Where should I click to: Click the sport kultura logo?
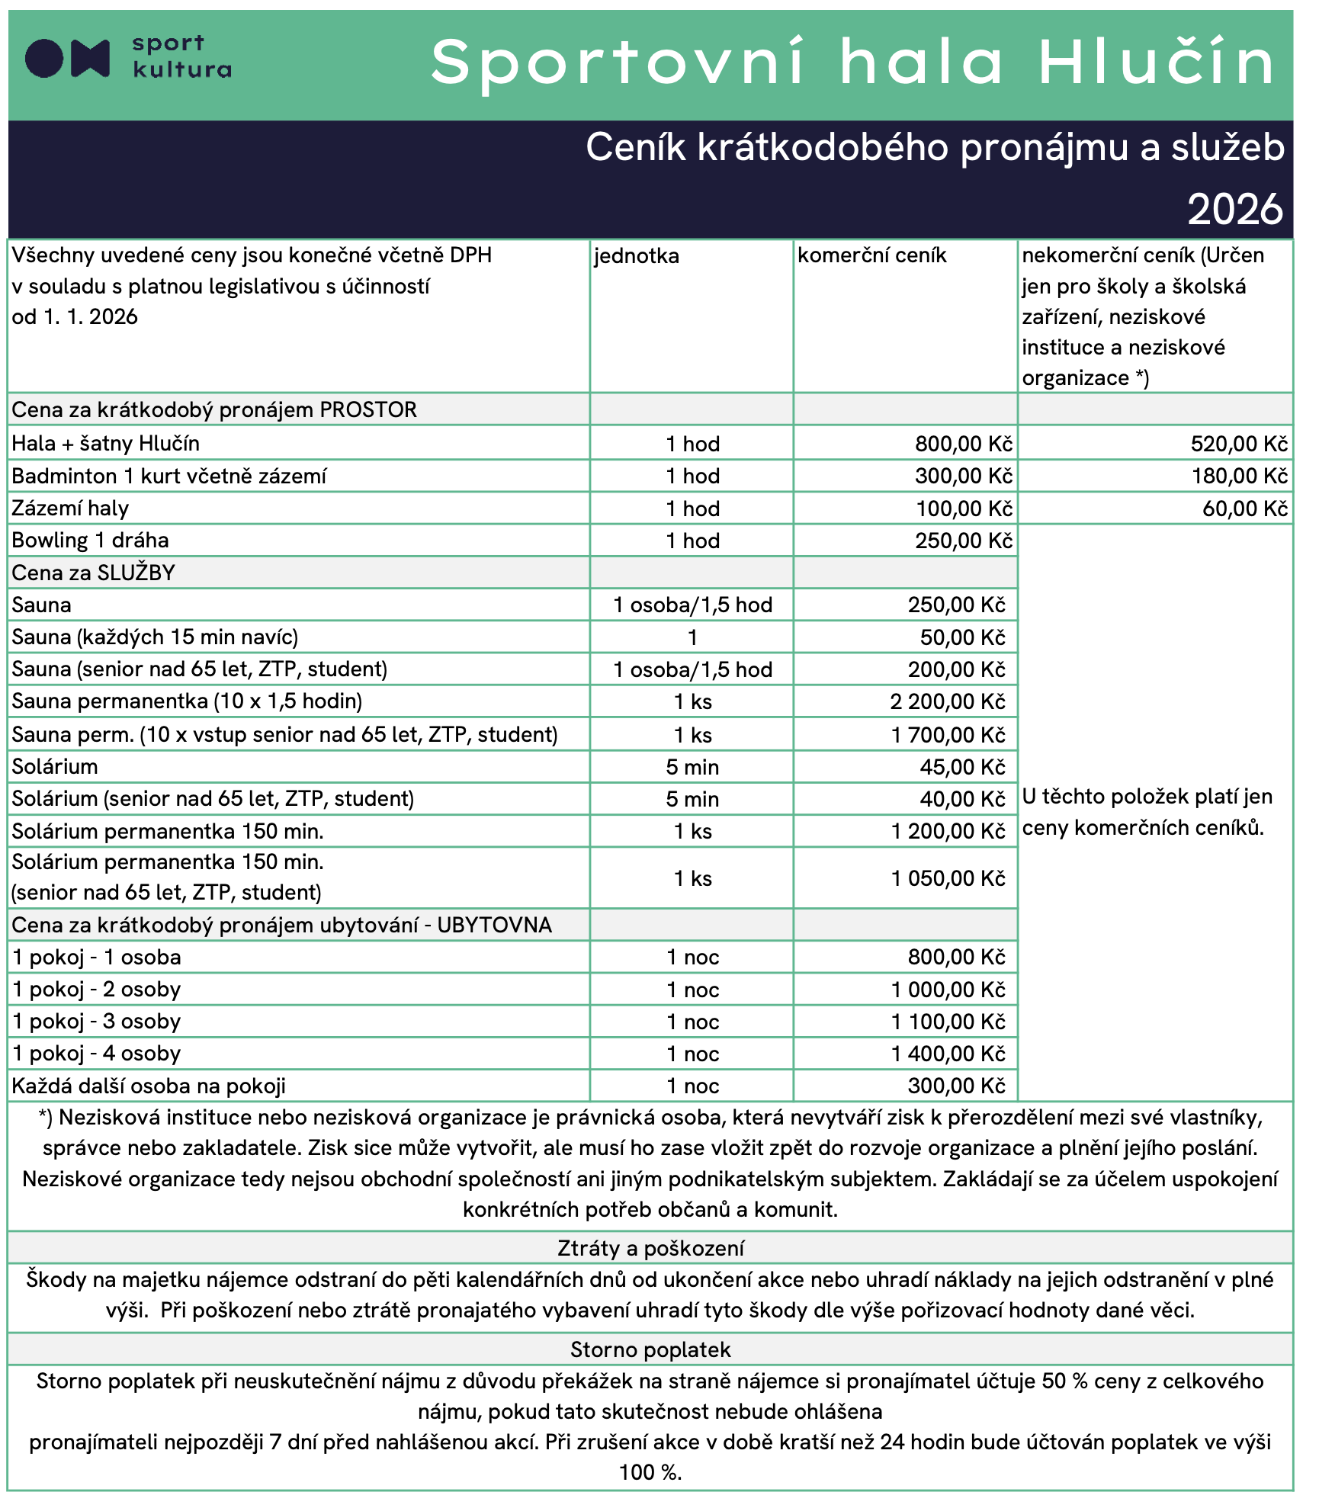pyautogui.click(x=127, y=58)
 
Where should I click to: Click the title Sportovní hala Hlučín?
pyautogui.click(x=852, y=63)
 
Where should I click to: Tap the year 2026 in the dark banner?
pyautogui.click(x=1235, y=209)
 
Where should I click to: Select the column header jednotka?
pyautogui.click(x=637, y=256)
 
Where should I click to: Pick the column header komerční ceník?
pyautogui.click(x=871, y=255)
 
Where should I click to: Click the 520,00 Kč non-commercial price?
pyautogui.click(x=1238, y=444)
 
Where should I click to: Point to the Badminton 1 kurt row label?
pyautogui.click(x=168, y=476)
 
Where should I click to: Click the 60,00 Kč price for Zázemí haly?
pyautogui.click(x=1244, y=509)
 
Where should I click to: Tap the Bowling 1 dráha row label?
pyautogui.click(x=90, y=541)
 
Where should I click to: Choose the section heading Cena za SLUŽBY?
pyautogui.click(x=93, y=573)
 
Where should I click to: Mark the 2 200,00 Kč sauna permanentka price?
pyautogui.click(x=947, y=701)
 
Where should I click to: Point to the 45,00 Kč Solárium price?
pyautogui.click(x=962, y=767)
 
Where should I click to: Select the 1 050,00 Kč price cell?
pyautogui.click(x=948, y=878)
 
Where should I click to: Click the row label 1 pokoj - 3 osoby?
pyautogui.click(x=97, y=1022)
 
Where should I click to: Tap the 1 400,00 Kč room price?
pyautogui.click(x=948, y=1054)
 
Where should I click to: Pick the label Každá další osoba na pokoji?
pyautogui.click(x=149, y=1086)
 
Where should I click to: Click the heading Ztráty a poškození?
pyautogui.click(x=650, y=1248)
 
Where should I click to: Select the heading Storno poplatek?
pyautogui.click(x=650, y=1349)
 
